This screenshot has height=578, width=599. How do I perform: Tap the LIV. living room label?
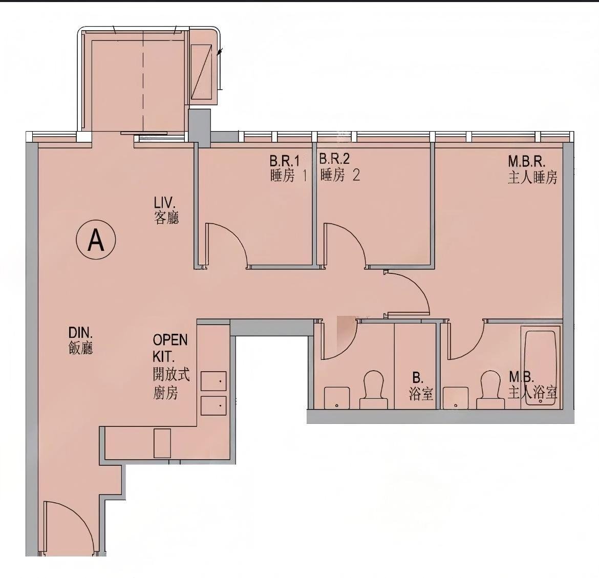[x=166, y=209]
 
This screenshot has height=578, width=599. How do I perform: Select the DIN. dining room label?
[x=81, y=340]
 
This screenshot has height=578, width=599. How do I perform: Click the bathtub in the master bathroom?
[x=540, y=368]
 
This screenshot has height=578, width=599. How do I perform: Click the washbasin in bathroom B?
[x=337, y=398]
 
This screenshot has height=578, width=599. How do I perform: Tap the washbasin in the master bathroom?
[x=455, y=398]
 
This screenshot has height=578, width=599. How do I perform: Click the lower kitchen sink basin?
[x=213, y=405]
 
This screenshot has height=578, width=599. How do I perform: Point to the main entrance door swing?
[x=69, y=527]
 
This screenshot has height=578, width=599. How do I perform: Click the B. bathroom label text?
[x=420, y=386]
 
